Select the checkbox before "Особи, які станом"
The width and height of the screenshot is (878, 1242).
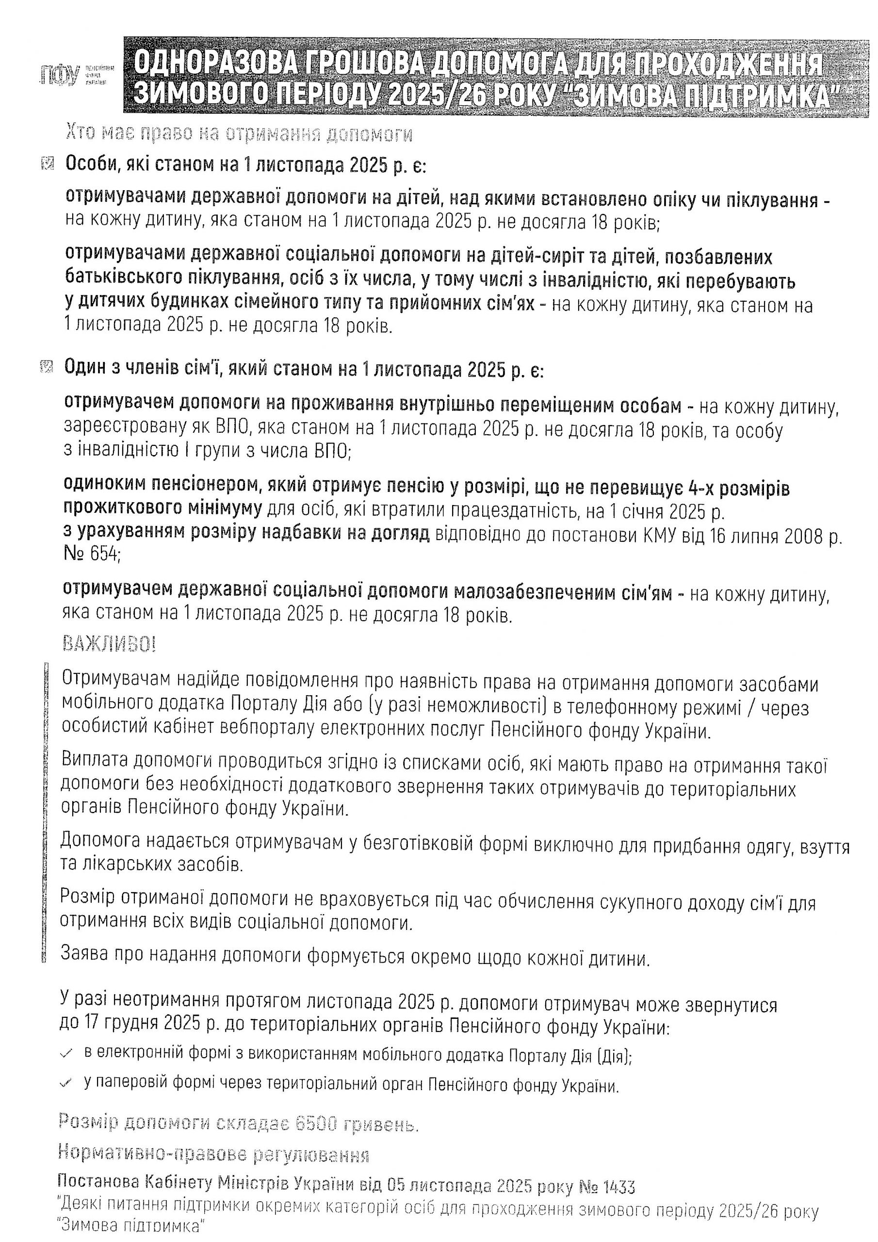pos(47,163)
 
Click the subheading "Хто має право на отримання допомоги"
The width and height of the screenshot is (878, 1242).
pos(238,133)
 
